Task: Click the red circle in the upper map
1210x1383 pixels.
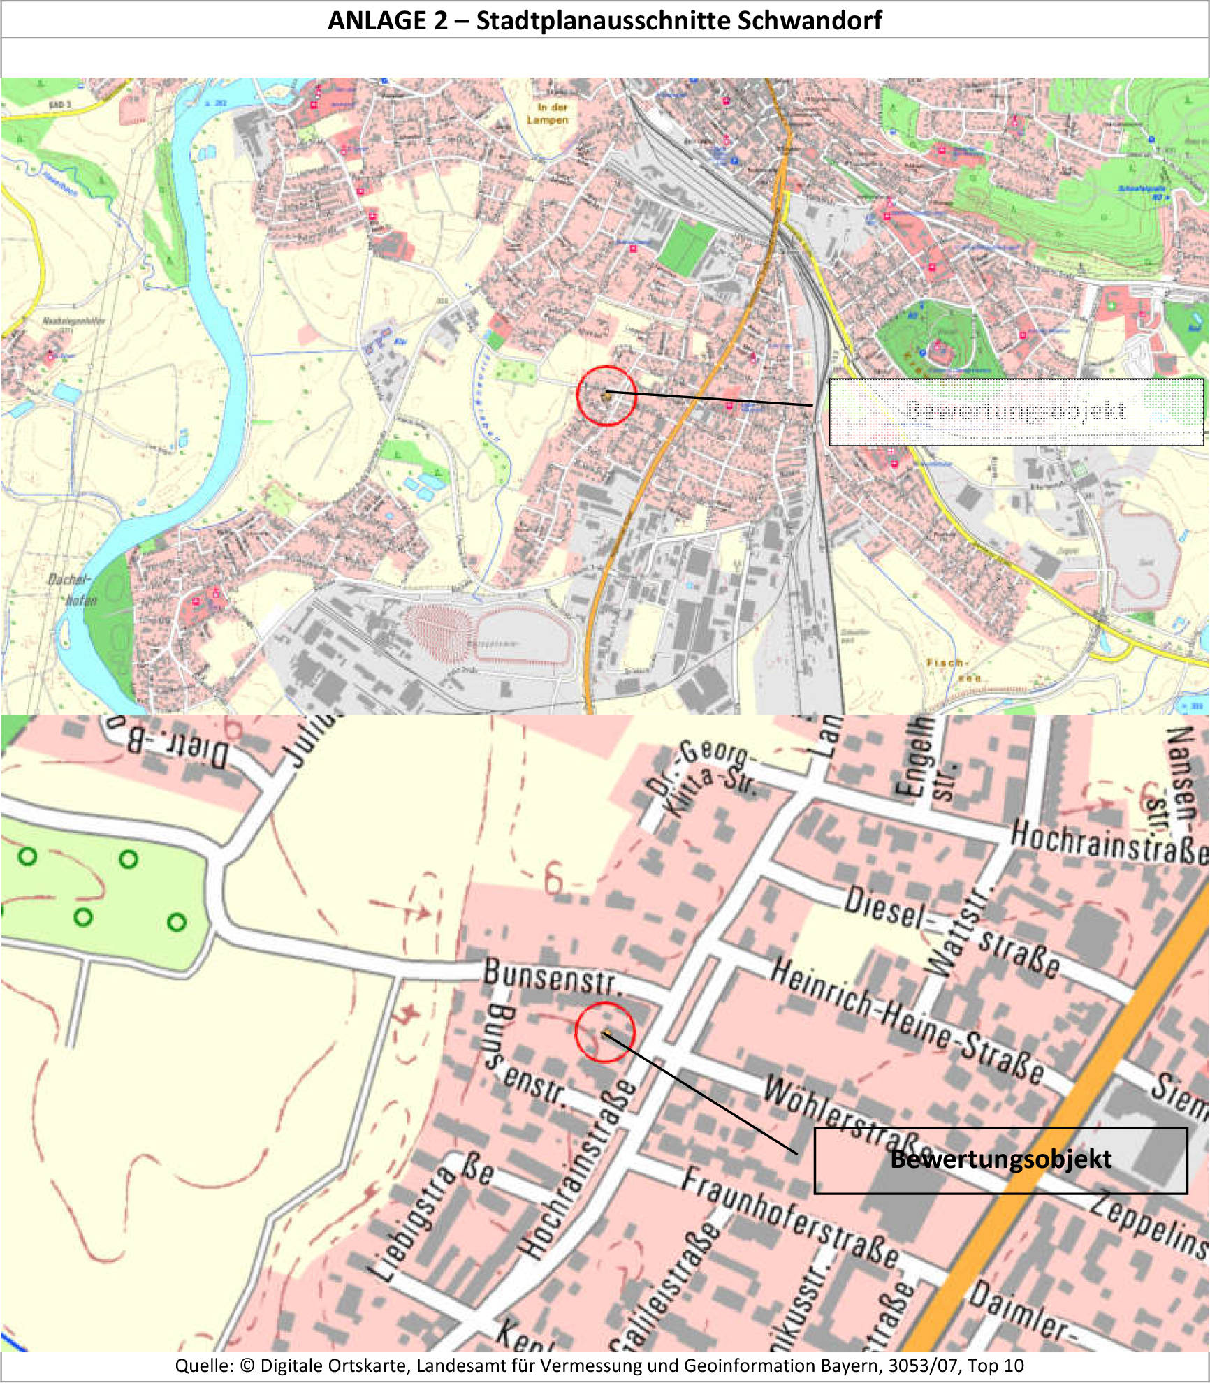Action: point(606,395)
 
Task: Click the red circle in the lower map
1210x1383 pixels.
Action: point(604,1032)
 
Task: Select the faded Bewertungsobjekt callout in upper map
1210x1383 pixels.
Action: point(1016,411)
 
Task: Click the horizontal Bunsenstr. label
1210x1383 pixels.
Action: point(552,976)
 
